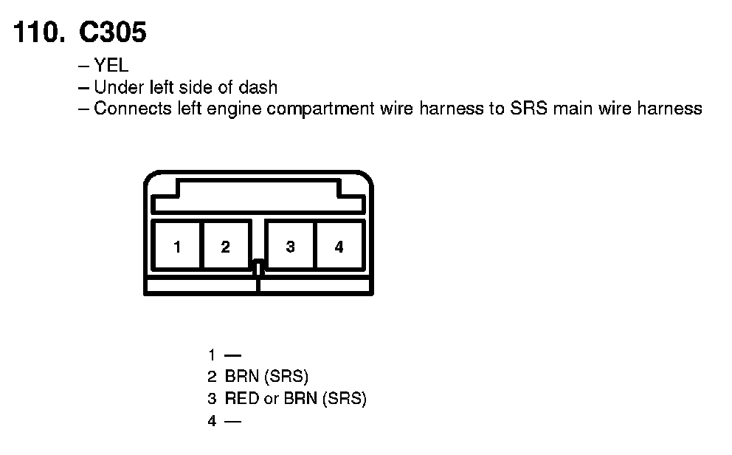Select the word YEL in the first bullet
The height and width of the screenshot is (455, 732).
[111, 66]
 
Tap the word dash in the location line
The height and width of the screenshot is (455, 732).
[258, 87]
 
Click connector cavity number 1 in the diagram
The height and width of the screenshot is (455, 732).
[177, 247]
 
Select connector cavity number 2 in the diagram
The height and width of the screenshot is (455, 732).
[226, 247]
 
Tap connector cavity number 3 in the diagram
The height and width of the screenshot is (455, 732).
[290, 247]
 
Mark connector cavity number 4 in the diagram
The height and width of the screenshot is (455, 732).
[339, 247]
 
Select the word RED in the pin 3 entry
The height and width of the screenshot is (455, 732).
[241, 399]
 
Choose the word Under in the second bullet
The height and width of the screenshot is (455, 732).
[114, 87]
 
